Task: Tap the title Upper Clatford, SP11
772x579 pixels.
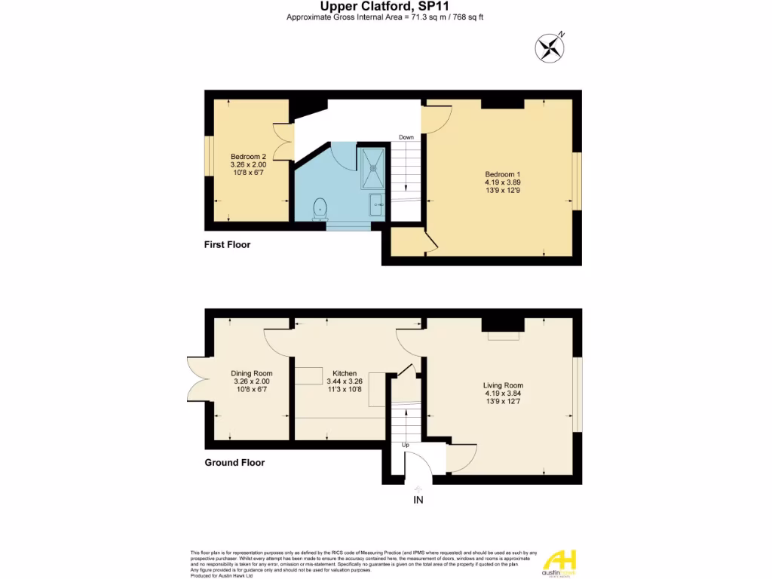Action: pos(385,6)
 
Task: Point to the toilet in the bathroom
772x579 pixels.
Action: pos(320,206)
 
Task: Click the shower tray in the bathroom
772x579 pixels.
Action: pos(373,168)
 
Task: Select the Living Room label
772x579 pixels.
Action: pos(503,385)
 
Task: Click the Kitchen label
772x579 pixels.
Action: pos(345,373)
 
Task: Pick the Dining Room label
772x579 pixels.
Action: pos(251,373)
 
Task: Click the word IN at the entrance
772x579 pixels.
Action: pos(418,499)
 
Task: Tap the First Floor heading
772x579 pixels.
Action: pos(227,244)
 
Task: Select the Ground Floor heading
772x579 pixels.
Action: pos(234,462)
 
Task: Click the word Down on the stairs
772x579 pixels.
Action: pos(406,137)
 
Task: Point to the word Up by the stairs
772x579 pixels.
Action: pos(405,445)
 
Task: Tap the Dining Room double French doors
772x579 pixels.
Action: pos(195,378)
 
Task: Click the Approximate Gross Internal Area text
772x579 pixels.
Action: pos(385,17)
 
